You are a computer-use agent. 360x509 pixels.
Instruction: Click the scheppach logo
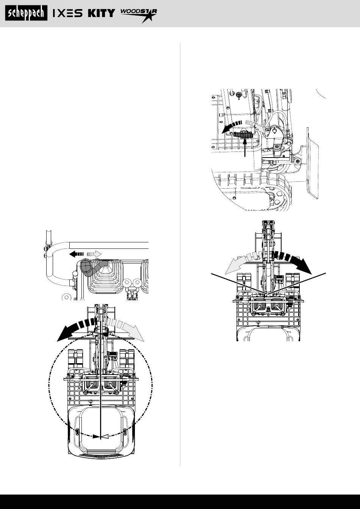[x=26, y=13]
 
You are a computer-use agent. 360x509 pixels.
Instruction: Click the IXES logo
[x=67, y=13]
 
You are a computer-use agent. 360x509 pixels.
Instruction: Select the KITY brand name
[x=102, y=13]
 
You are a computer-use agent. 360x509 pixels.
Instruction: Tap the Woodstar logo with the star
[x=139, y=16]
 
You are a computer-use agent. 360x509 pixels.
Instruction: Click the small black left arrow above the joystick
[x=77, y=254]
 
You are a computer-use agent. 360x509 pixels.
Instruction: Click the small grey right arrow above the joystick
[x=94, y=254]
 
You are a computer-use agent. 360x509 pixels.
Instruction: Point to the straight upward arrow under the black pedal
[x=245, y=147]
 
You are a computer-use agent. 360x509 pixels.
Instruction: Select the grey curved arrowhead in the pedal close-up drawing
[x=262, y=129]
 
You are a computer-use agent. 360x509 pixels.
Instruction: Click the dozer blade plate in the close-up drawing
[x=312, y=163]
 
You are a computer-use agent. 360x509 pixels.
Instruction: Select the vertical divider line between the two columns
[x=180, y=254]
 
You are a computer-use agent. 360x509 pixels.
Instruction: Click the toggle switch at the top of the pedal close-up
[x=239, y=95]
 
